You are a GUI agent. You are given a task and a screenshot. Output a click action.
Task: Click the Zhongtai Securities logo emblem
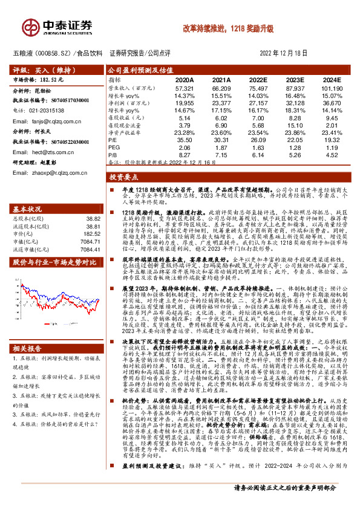point(31,27)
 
